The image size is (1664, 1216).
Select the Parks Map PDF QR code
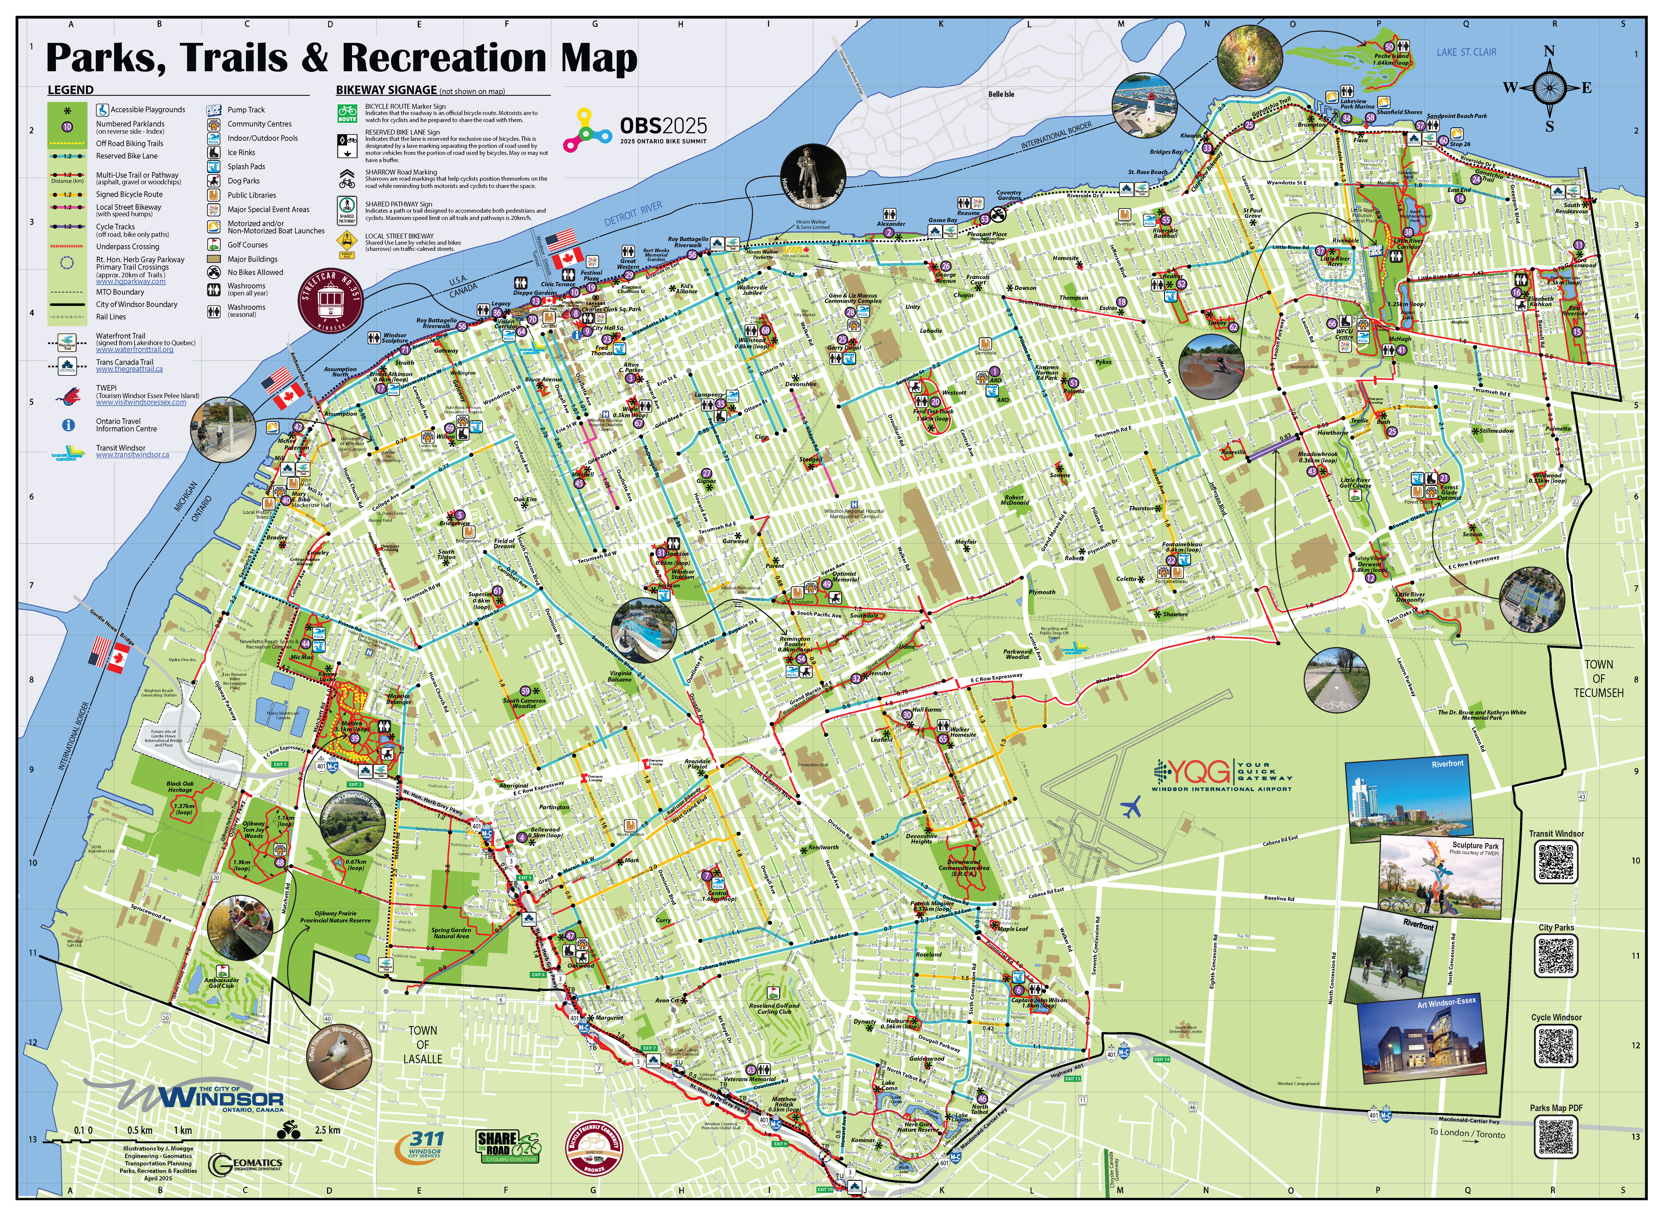click(1556, 1136)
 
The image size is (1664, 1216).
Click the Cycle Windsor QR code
click(1556, 1045)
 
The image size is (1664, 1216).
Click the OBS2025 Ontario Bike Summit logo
click(634, 130)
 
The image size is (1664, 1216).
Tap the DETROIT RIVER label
click(633, 214)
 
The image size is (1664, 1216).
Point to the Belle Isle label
click(1001, 94)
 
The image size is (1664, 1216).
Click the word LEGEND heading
click(71, 90)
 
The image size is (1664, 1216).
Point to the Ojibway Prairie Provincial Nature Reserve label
click(336, 916)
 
